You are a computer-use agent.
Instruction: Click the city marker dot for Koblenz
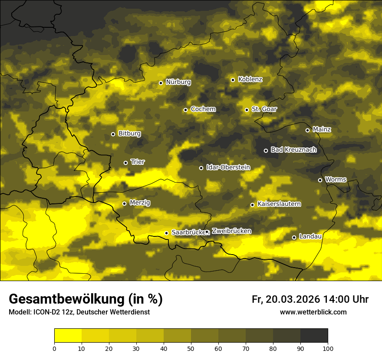[x=233, y=80]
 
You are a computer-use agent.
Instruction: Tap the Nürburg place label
[x=178, y=82]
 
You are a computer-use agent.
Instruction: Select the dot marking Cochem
[x=185, y=110]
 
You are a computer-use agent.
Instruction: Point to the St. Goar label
[x=264, y=109]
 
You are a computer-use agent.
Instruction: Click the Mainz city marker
[x=307, y=130]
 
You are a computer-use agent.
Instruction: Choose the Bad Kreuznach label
[x=293, y=150]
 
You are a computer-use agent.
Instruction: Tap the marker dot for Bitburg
[x=113, y=134]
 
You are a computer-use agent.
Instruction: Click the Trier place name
[x=138, y=162]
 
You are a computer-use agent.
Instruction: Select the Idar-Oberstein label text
[x=228, y=167]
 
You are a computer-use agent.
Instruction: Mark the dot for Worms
[x=320, y=180]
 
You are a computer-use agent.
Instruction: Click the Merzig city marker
[x=124, y=203]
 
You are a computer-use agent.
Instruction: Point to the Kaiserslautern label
[x=279, y=204]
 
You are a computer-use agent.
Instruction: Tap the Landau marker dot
[x=294, y=237]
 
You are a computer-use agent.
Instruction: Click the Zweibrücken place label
[x=231, y=231]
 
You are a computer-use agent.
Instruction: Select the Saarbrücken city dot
[x=166, y=233]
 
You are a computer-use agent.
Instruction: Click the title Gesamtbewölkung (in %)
[x=86, y=299]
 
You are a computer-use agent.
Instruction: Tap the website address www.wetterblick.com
[x=313, y=312]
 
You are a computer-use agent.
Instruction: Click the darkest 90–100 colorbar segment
[x=314, y=335]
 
